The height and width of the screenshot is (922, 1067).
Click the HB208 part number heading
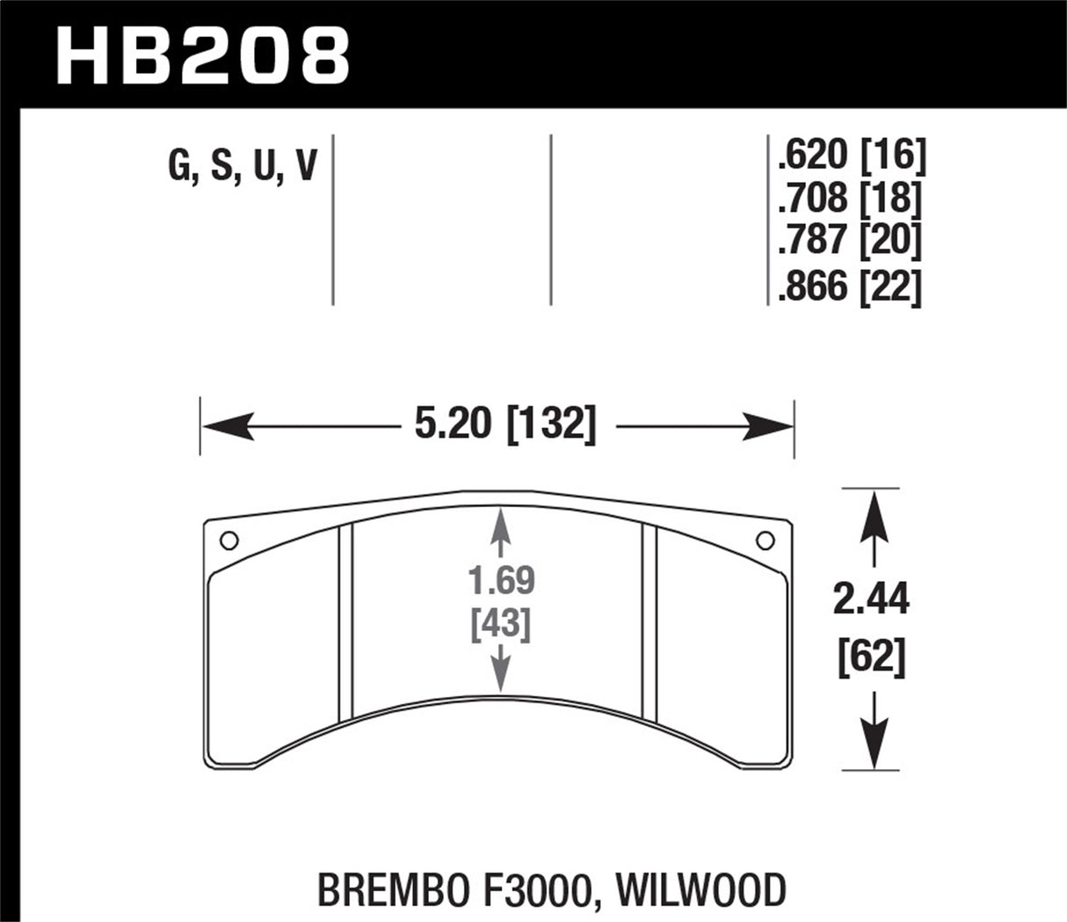tap(203, 54)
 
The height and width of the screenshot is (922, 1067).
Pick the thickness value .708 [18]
tap(849, 200)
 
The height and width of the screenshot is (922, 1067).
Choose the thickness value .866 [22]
tap(849, 287)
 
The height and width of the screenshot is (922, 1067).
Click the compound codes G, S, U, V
tap(242, 164)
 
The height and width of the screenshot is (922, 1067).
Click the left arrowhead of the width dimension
tap(220, 428)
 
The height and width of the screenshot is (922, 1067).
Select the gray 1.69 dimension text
tap(501, 582)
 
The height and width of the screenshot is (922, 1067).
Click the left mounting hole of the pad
tap(228, 540)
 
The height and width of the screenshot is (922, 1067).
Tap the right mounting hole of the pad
tap(764, 540)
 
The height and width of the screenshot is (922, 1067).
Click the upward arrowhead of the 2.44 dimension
tap(872, 510)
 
